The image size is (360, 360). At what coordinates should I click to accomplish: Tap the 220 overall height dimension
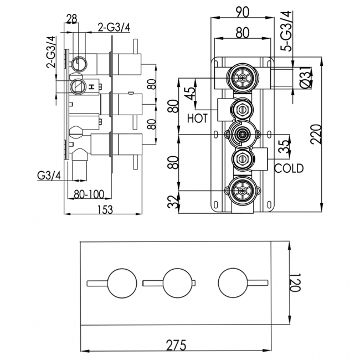tap(316, 133)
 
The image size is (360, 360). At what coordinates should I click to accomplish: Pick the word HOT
tap(197, 118)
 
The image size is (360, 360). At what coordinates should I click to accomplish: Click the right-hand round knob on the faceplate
tap(232, 283)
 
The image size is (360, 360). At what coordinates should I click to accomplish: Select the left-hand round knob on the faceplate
tap(120, 283)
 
